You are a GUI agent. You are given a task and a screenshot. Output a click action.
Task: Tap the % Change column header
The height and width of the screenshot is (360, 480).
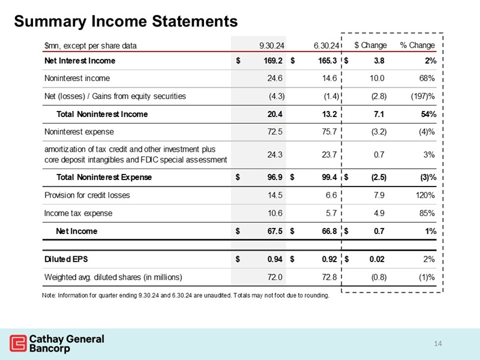click(417, 45)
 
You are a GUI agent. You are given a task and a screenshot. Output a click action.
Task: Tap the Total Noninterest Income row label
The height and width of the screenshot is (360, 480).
click(102, 114)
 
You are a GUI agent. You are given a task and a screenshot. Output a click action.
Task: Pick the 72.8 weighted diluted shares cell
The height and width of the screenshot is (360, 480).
click(328, 277)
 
